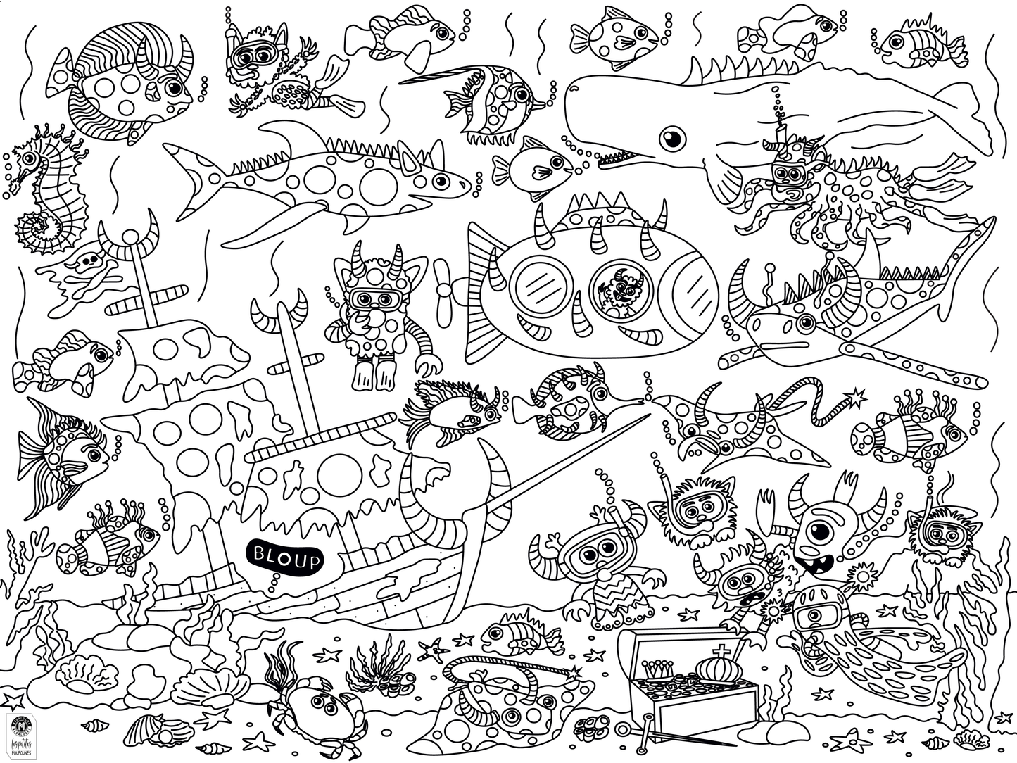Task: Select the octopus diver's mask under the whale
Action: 785,174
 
